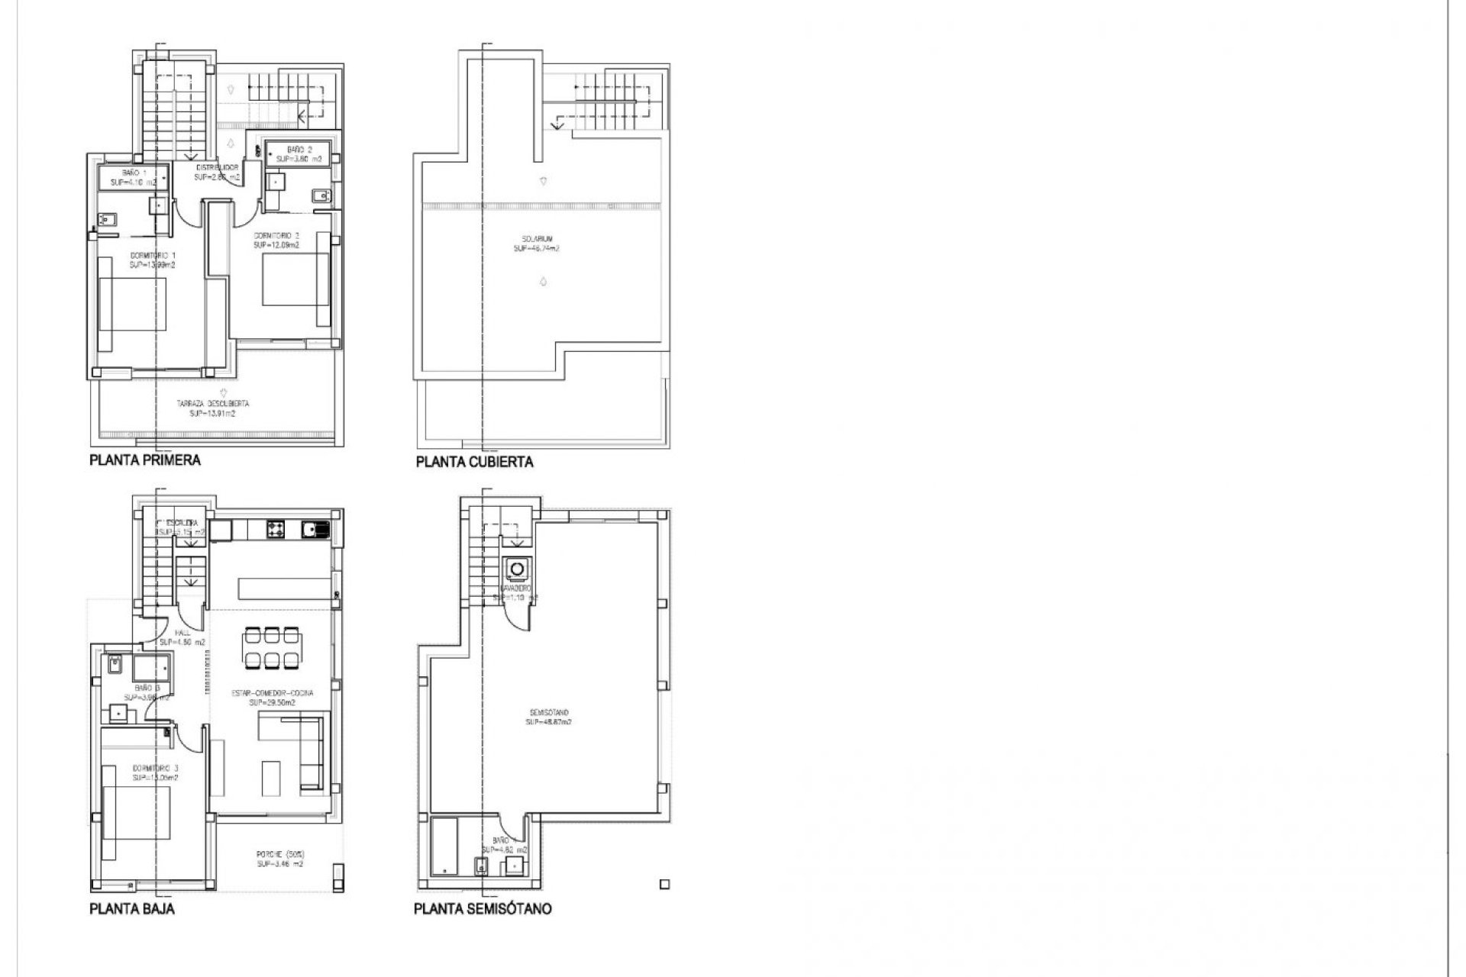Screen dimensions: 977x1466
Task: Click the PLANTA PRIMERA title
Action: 145,460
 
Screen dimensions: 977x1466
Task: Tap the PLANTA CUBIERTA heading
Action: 474,462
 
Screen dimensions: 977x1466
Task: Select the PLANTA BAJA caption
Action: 132,909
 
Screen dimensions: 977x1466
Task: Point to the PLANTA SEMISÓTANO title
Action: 483,909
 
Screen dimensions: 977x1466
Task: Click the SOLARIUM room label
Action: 536,243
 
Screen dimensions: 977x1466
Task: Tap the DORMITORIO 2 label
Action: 276,240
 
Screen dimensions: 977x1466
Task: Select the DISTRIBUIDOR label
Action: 217,172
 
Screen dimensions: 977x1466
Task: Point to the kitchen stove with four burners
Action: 276,527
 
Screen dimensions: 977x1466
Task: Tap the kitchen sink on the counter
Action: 315,527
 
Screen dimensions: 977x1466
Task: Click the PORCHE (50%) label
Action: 280,859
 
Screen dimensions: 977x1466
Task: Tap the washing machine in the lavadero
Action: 517,569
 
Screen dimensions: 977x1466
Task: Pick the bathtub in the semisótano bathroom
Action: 443,845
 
